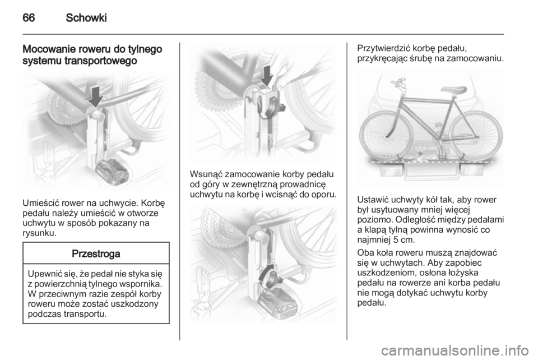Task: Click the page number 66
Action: point(29,18)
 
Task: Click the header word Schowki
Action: point(86,18)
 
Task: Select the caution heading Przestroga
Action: point(96,254)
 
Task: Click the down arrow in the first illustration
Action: point(95,96)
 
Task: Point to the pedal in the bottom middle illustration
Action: point(276,301)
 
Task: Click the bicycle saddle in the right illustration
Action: point(453,90)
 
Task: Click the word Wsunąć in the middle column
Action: point(206,174)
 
